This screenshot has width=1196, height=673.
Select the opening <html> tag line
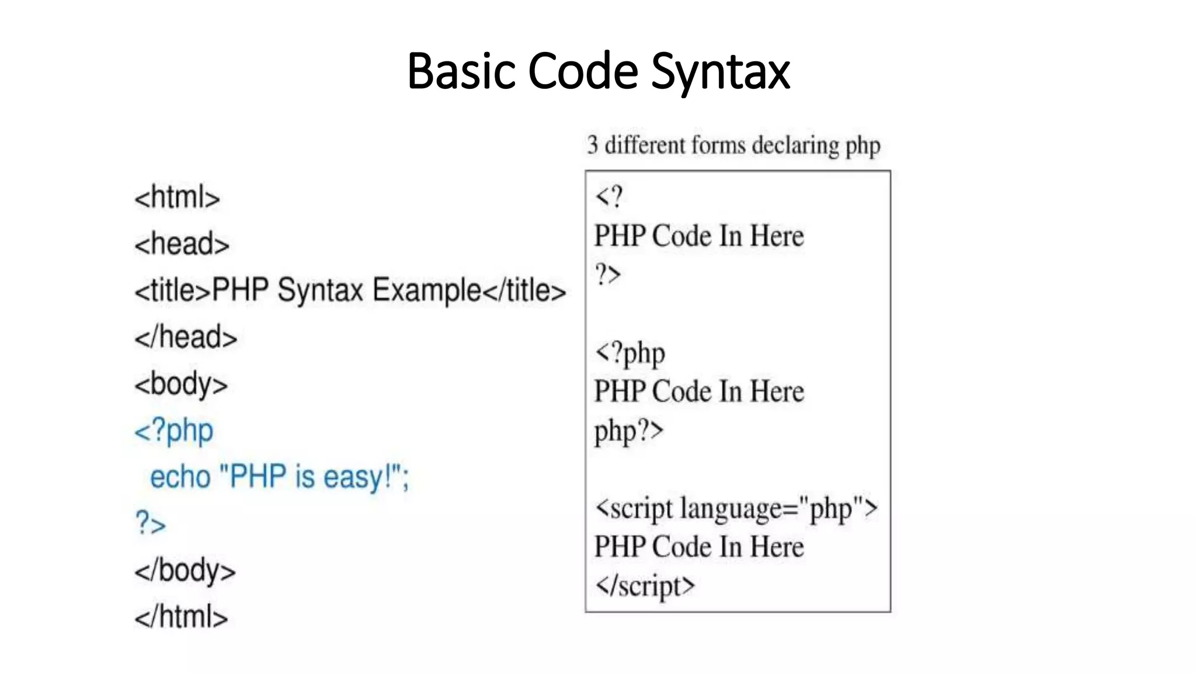[x=177, y=197]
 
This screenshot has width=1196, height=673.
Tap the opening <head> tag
[x=182, y=244]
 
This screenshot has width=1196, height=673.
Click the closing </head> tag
[x=186, y=338]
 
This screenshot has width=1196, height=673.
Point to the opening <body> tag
[x=181, y=384]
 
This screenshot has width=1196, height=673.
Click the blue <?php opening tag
[x=174, y=431]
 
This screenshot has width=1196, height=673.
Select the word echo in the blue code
[x=180, y=477]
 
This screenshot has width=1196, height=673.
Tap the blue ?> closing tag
[x=151, y=523]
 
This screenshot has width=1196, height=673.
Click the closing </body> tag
[x=185, y=570]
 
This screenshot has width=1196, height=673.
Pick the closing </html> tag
[x=181, y=617]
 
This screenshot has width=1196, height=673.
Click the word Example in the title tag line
[x=427, y=290]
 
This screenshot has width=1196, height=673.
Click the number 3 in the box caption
[x=593, y=145]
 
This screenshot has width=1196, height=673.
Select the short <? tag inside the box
[x=609, y=197]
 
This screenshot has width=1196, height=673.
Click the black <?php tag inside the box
[x=630, y=353]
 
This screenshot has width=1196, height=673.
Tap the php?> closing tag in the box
[x=629, y=432]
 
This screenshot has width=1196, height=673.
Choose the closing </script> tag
[x=645, y=586]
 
